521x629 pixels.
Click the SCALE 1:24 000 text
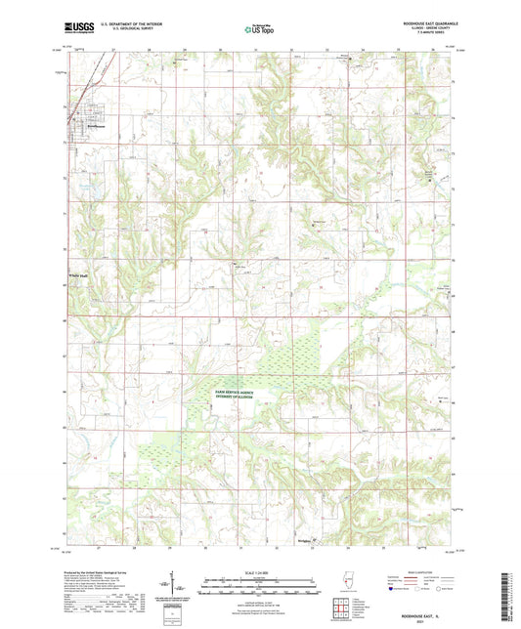point(259,571)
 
